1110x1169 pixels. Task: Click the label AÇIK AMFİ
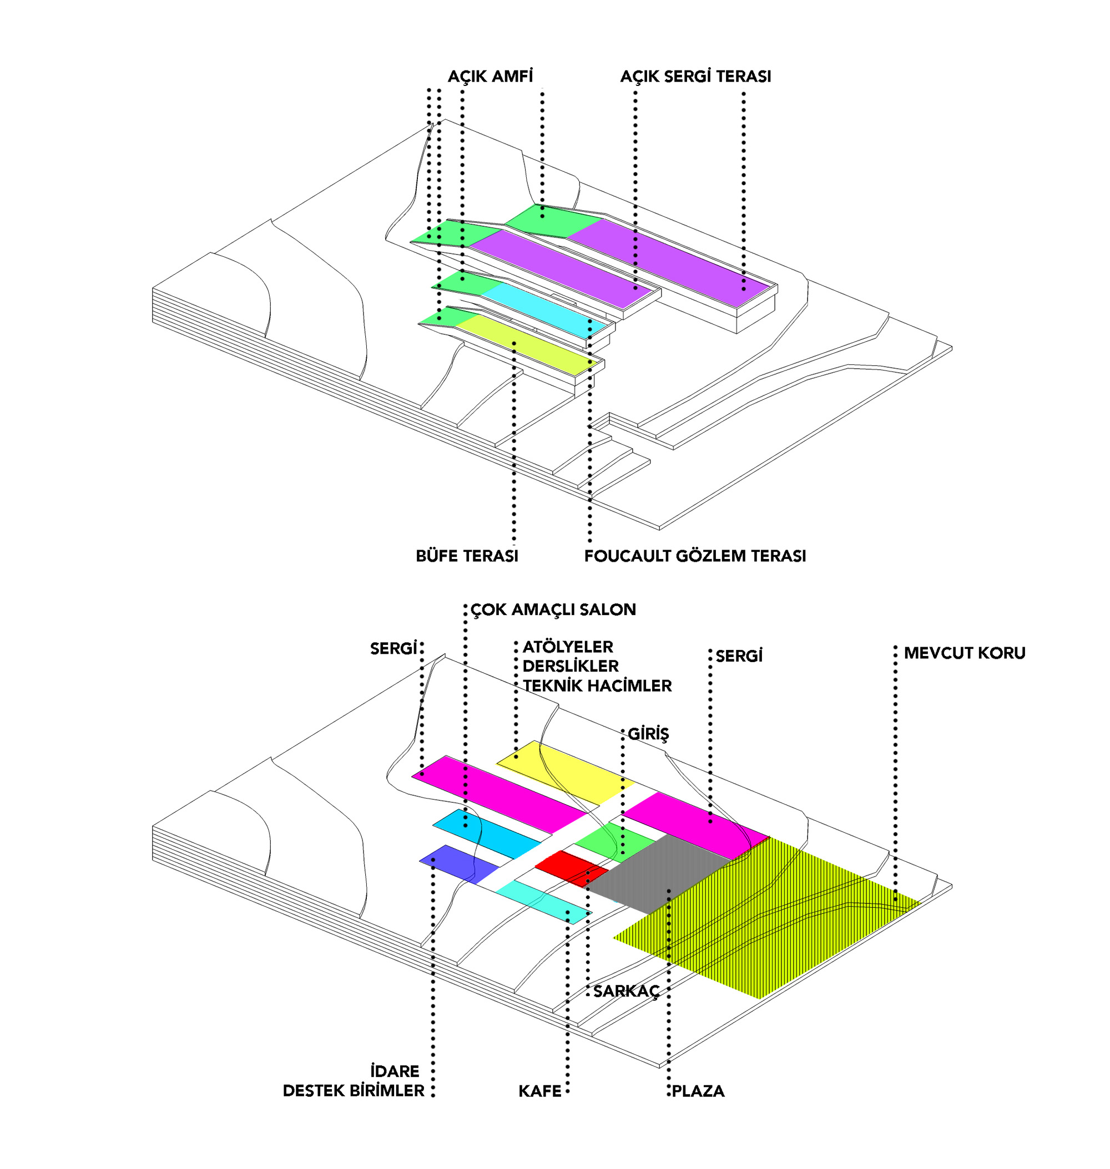(x=490, y=77)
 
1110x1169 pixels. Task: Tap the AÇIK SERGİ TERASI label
(x=695, y=77)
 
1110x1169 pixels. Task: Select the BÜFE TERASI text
(x=467, y=556)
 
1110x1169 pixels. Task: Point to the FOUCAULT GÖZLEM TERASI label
(x=695, y=556)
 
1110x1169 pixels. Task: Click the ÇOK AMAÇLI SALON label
(x=553, y=609)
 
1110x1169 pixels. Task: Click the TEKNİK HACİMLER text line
(x=597, y=686)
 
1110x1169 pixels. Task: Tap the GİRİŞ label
(x=648, y=734)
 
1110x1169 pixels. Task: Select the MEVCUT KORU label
(x=965, y=653)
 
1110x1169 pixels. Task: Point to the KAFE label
(x=539, y=1091)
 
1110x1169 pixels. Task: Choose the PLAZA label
(x=698, y=1091)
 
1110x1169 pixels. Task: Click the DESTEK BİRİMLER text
(x=353, y=1091)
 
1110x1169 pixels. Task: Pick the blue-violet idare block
(x=458, y=863)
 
